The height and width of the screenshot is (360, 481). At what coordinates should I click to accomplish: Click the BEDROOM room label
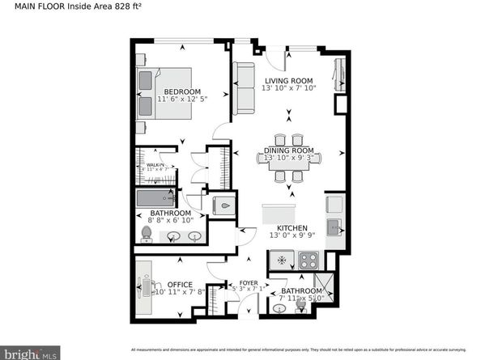tap(181, 91)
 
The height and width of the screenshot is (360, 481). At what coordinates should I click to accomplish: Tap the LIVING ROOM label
tap(287, 79)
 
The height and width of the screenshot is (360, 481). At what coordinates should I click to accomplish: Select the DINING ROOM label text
tap(288, 150)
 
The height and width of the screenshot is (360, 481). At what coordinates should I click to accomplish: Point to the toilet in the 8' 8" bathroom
tap(147, 234)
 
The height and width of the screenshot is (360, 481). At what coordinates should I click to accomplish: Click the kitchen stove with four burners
tap(309, 260)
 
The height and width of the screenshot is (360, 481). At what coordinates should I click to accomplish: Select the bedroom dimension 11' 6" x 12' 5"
tap(181, 100)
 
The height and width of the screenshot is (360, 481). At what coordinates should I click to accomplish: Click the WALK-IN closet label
tap(155, 165)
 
